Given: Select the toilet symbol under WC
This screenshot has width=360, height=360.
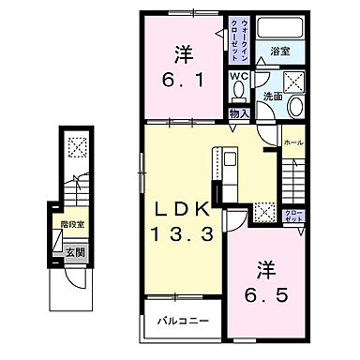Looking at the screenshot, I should click(239, 91).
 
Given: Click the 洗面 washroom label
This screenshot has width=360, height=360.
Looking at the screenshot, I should click(274, 97).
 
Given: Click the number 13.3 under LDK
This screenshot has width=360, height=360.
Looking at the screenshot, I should click(184, 230).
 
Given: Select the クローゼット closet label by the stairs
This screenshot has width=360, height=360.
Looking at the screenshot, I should click(293, 217).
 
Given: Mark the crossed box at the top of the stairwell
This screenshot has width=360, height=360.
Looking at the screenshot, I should click(76, 146).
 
